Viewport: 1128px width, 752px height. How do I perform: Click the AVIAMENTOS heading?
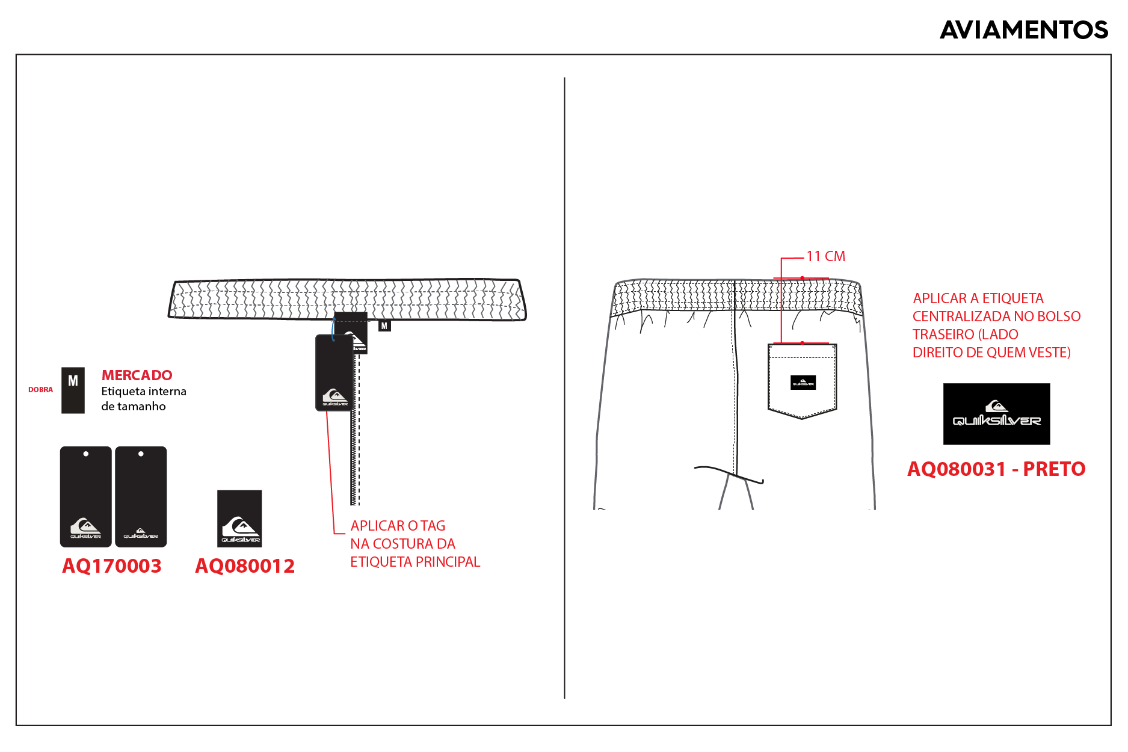point(1024,30)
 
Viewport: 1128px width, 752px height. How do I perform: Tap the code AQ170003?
point(112,566)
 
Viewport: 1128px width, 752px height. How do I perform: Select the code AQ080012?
point(245,566)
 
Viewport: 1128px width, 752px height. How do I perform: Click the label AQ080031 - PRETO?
point(996,469)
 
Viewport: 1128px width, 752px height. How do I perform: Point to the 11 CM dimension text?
point(825,256)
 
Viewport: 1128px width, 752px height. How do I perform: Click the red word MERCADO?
point(137,375)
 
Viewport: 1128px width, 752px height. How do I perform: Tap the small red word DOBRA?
point(40,390)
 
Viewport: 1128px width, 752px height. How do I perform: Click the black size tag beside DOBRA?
point(73,390)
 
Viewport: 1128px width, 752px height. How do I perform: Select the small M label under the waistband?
point(384,326)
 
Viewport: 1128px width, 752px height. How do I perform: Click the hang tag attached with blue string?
point(334,373)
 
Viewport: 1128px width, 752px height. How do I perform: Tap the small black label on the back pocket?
point(803,382)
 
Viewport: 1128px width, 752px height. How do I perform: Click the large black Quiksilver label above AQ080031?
point(996,414)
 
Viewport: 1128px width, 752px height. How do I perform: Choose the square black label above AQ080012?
point(239,519)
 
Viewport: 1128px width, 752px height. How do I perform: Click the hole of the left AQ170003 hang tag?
point(86,454)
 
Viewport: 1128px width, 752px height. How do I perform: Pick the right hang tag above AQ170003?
point(141,497)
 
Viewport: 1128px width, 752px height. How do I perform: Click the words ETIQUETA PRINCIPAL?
point(415,562)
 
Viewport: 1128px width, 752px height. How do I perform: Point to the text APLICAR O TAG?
point(398,526)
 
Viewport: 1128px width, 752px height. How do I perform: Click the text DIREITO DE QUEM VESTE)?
point(991,353)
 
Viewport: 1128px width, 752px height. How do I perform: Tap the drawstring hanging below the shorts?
point(729,473)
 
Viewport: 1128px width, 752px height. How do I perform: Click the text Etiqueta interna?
point(144,392)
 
